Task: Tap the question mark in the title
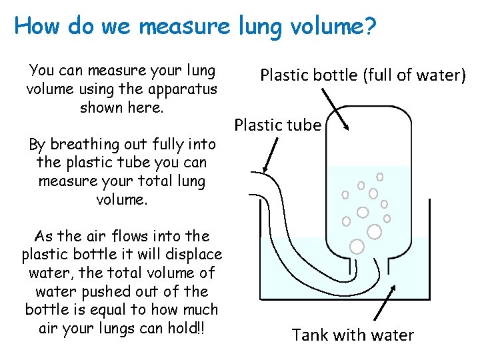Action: point(369,27)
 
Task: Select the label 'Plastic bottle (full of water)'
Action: point(363,75)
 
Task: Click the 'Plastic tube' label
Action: point(278,125)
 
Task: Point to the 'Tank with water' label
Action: point(353,335)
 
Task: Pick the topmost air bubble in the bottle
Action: point(380,177)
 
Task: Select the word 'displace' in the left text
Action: point(193,254)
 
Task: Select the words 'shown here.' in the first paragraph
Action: point(121,107)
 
